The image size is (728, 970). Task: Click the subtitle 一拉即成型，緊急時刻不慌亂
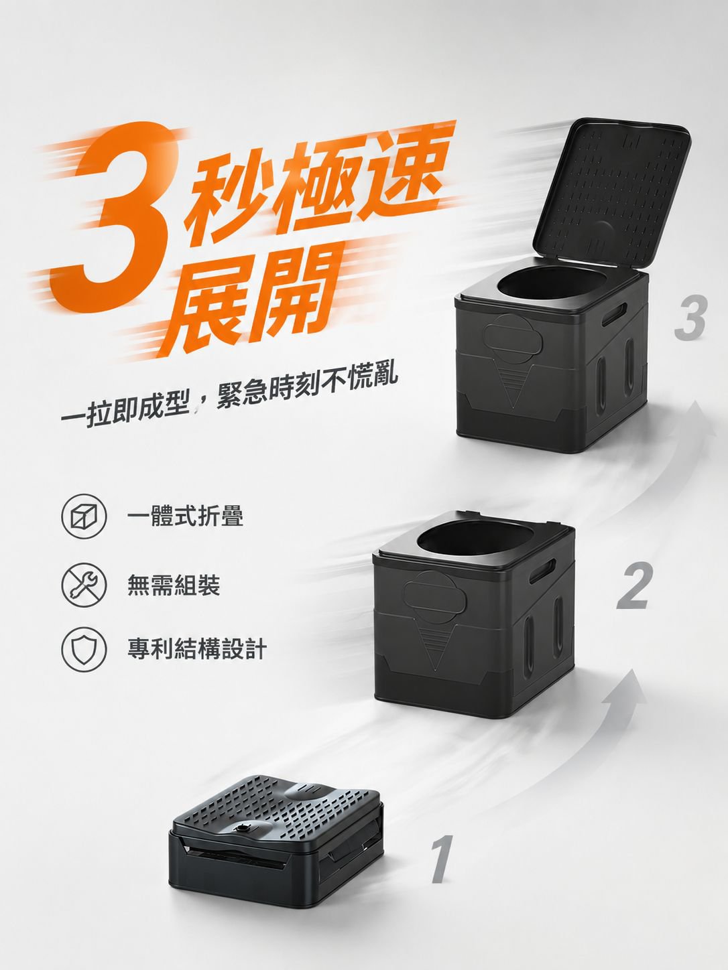(230, 393)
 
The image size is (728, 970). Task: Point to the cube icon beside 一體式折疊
(84, 516)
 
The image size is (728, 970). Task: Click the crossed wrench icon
(84, 585)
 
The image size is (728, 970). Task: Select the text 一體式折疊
(185, 516)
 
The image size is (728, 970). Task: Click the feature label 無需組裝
(174, 585)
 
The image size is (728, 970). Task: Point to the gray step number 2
(635, 585)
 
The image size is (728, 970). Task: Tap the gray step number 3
(691, 318)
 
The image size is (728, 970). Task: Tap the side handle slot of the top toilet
(615, 314)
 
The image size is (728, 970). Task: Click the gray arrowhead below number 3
(694, 417)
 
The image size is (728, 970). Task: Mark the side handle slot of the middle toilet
(543, 571)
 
